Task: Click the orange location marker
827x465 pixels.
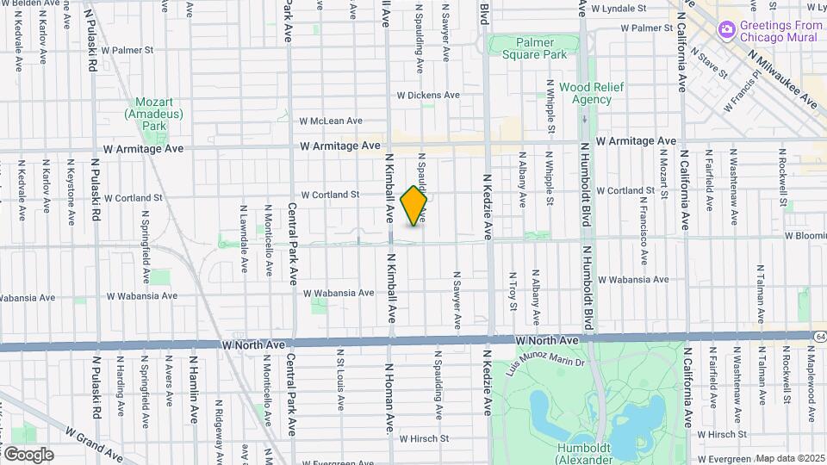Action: (x=414, y=206)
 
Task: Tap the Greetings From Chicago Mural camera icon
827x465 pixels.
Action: (x=727, y=30)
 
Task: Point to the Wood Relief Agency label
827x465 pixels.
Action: (x=585, y=93)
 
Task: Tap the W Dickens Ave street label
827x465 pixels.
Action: (x=429, y=95)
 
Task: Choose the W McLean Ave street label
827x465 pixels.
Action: (x=331, y=121)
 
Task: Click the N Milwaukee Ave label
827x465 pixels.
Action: (x=783, y=79)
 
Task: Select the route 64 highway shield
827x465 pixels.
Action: (x=818, y=335)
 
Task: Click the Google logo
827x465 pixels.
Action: (x=28, y=454)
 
